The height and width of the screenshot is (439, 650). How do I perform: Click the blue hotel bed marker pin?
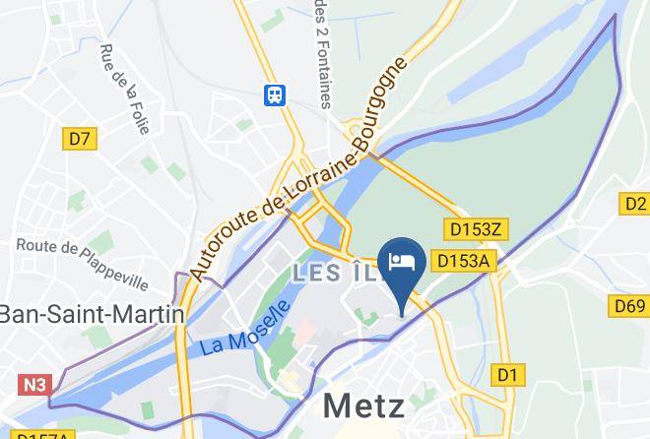click(x=403, y=265)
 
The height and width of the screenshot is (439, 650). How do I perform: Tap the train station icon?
click(x=275, y=94)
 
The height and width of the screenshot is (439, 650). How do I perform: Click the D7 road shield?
click(x=81, y=139)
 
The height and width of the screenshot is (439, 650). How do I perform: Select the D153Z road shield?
click(x=476, y=229)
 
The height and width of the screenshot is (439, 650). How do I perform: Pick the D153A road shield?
click(x=463, y=260)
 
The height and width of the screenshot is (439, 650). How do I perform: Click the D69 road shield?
click(x=629, y=306)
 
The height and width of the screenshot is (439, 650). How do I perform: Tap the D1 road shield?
click(x=508, y=374)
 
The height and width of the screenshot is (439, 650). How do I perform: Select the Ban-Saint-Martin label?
click(x=91, y=314)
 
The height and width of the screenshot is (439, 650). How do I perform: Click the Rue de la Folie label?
click(x=123, y=88)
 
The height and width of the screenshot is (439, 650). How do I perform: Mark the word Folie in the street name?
click(x=134, y=112)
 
